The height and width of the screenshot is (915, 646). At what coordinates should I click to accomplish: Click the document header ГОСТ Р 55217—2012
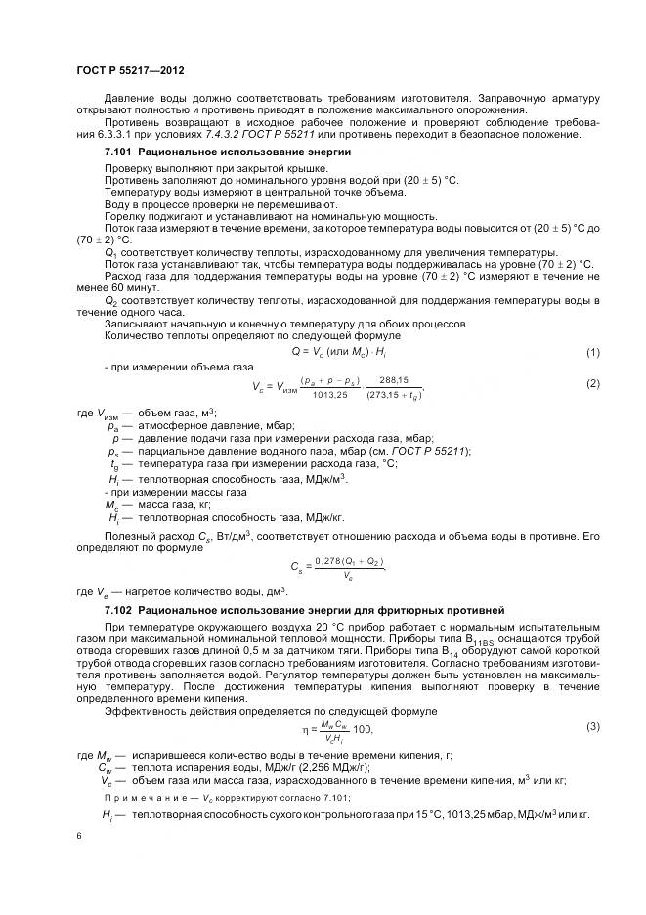tap(129, 71)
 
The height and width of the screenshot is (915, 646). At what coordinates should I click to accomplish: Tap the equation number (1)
tap(592, 351)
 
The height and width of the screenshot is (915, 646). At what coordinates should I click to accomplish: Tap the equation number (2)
tap(592, 383)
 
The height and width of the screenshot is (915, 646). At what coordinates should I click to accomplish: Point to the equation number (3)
tap(592, 726)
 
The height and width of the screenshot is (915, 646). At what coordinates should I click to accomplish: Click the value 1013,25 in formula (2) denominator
tap(330, 395)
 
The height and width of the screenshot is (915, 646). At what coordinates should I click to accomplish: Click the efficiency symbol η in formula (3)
tap(304, 730)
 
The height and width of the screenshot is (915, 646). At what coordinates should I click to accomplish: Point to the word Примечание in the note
tap(147, 797)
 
